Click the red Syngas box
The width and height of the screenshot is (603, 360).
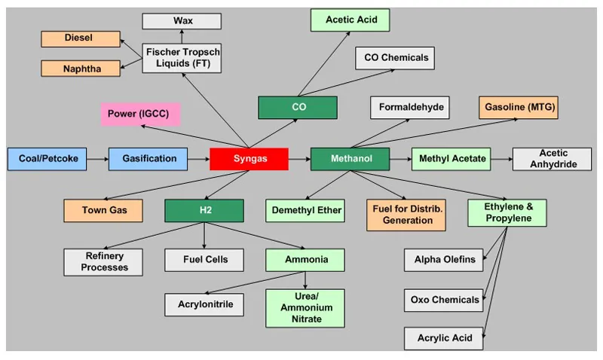point(249,159)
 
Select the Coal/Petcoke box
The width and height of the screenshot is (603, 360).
point(46,159)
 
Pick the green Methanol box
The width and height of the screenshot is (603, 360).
point(350,159)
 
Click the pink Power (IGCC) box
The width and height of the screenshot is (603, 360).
point(140,114)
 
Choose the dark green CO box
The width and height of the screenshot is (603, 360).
point(298,108)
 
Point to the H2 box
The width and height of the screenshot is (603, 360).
point(204,211)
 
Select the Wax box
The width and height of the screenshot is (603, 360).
point(182,21)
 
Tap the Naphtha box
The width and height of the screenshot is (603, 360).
point(81,69)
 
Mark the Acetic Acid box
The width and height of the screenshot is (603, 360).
point(350,20)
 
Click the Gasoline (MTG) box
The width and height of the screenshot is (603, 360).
point(519,108)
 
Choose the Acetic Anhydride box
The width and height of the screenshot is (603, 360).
point(552,159)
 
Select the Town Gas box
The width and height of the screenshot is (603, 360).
point(103,211)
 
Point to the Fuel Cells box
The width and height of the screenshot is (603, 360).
point(204,261)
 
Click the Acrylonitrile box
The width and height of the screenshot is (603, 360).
point(204,304)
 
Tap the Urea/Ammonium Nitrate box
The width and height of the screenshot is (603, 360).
point(305,308)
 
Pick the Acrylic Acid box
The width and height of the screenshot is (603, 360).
point(444,338)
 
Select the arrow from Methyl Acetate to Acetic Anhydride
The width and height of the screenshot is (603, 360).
point(500,159)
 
